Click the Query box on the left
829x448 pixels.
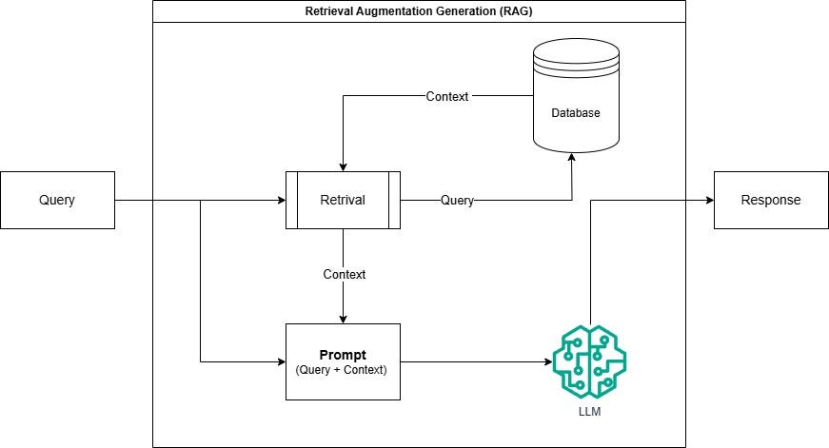[57, 201]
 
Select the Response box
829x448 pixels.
[771, 201]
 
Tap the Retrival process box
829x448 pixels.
[343, 201]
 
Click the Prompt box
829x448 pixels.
[343, 361]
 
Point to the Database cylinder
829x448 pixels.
[576, 100]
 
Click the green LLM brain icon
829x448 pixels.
[589, 361]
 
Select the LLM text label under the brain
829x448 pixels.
[589, 413]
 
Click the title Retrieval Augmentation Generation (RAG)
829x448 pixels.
[419, 11]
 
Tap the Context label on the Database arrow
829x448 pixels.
[447, 96]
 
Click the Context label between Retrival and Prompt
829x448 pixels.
[344, 274]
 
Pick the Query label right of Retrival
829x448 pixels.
[457, 201]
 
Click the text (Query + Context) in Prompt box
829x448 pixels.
[343, 370]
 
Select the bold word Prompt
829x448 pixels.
[343, 354]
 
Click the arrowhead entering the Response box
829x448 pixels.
[709, 201]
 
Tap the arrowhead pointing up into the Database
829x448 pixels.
[571, 158]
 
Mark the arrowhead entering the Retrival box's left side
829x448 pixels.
[281, 201]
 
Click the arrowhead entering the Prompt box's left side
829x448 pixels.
[281, 361]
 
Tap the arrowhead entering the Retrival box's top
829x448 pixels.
[343, 166]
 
